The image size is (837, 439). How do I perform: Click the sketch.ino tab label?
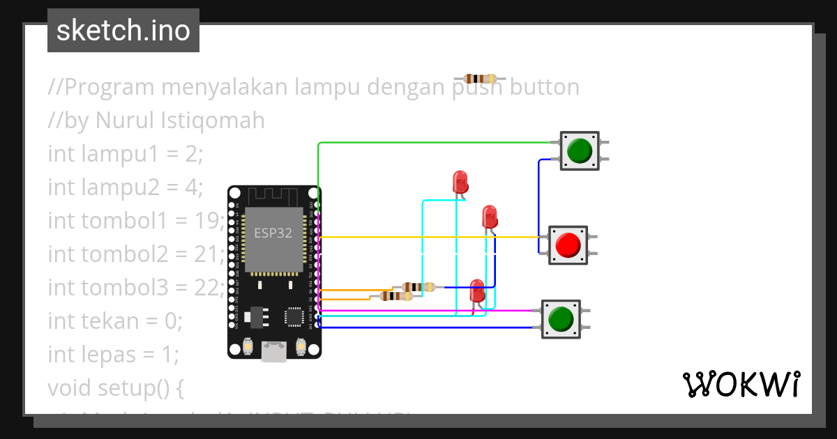(123, 31)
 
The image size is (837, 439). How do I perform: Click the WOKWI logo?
(741, 384)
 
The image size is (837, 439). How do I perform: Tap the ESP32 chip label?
(273, 233)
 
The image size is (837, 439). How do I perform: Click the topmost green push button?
(580, 151)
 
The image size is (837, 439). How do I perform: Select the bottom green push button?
(560, 319)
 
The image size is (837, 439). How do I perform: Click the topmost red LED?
(460, 182)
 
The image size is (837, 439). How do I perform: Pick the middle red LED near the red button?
(490, 216)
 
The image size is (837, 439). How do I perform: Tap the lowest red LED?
(477, 291)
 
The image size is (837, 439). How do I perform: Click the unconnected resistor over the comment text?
(480, 79)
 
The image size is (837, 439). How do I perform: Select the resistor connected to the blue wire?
(418, 286)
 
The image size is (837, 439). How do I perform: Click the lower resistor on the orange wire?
(395, 296)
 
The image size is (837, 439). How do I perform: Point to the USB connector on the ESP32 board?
(274, 351)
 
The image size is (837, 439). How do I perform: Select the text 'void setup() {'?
(115, 387)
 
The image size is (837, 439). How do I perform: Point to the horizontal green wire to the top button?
(432, 143)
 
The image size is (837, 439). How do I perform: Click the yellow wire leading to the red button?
(432, 238)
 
